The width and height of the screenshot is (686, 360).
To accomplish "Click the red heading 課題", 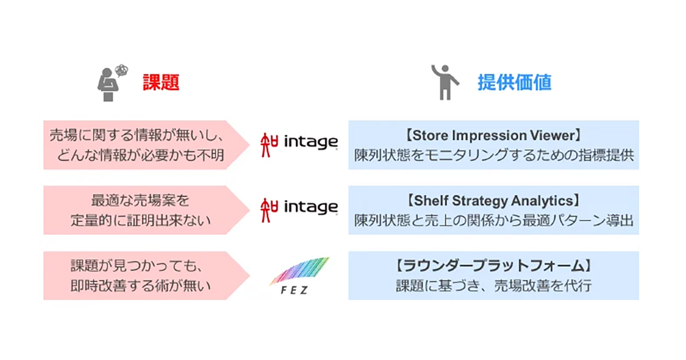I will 161,83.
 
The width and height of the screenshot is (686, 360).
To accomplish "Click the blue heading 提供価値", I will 514,83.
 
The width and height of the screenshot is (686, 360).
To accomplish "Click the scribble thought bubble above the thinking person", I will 121,70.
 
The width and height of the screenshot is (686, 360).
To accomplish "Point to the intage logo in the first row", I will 298,142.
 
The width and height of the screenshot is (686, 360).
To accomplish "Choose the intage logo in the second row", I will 298,207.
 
